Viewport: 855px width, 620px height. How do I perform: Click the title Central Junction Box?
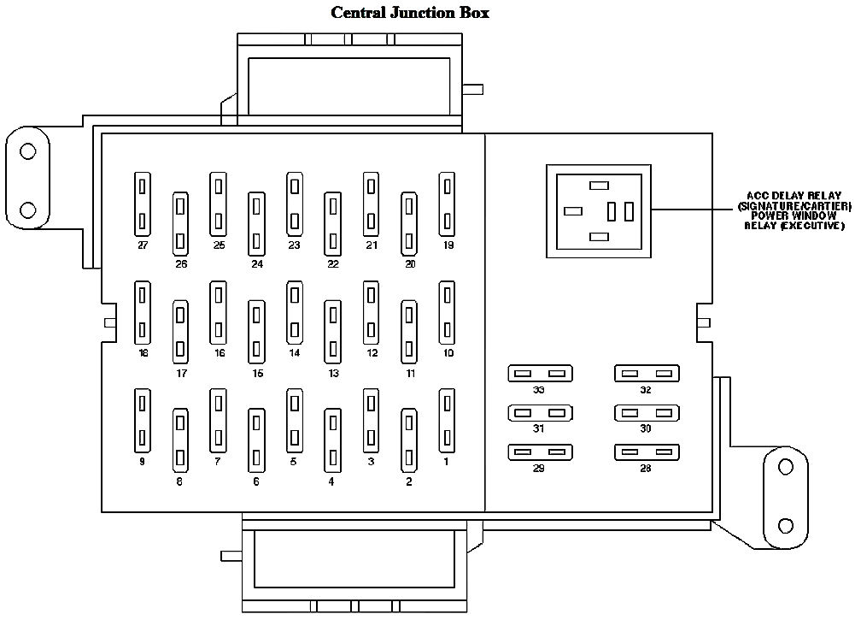(x=409, y=13)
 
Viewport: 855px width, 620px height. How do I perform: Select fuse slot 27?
(x=143, y=204)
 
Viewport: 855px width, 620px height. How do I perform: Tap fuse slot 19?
(x=447, y=204)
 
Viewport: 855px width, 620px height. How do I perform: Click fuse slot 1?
(x=447, y=420)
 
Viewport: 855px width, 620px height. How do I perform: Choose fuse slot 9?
(x=143, y=420)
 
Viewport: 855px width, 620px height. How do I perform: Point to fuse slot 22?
(x=332, y=224)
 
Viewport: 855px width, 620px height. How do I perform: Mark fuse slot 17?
(x=180, y=331)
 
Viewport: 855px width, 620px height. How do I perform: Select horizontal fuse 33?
(x=539, y=374)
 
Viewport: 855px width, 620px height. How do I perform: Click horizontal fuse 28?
(x=645, y=451)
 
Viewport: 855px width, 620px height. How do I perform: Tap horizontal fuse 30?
(x=645, y=413)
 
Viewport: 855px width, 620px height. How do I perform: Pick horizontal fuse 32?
(x=645, y=374)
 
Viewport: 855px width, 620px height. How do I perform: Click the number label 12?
(x=372, y=352)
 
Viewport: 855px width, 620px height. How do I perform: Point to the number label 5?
(x=293, y=461)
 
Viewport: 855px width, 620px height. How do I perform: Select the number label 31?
(x=538, y=429)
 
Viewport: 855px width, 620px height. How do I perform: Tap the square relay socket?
(x=599, y=210)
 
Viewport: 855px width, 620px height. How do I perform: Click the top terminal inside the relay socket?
(x=600, y=185)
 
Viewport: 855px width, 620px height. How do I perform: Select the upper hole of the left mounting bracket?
(x=28, y=152)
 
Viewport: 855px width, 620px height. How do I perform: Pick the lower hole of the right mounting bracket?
(x=786, y=524)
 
